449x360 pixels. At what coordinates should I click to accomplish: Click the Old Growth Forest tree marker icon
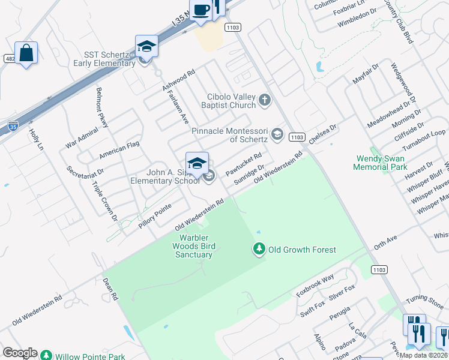pyautogui.click(x=259, y=249)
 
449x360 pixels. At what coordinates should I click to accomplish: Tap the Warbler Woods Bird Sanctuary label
pyautogui.click(x=193, y=246)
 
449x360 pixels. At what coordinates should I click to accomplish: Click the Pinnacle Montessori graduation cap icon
pyautogui.click(x=277, y=134)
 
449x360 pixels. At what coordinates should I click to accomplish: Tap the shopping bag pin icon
pyautogui.click(x=26, y=53)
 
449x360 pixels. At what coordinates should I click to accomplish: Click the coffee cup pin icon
pyautogui.click(x=201, y=10)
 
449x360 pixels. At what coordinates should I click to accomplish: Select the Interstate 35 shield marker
pyautogui.click(x=13, y=126)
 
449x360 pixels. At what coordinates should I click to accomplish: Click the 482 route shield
pyautogui.click(x=8, y=58)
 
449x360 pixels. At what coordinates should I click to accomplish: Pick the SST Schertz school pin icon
pyautogui.click(x=146, y=46)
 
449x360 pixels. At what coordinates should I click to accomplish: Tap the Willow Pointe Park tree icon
pyautogui.click(x=46, y=356)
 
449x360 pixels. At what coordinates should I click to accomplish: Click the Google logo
pyautogui.click(x=20, y=353)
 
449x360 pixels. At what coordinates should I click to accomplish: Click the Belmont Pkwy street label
pyautogui.click(x=102, y=107)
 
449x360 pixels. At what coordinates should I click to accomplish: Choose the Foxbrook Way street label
pyautogui.click(x=315, y=286)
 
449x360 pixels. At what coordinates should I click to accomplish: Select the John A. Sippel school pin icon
pyautogui.click(x=197, y=163)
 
